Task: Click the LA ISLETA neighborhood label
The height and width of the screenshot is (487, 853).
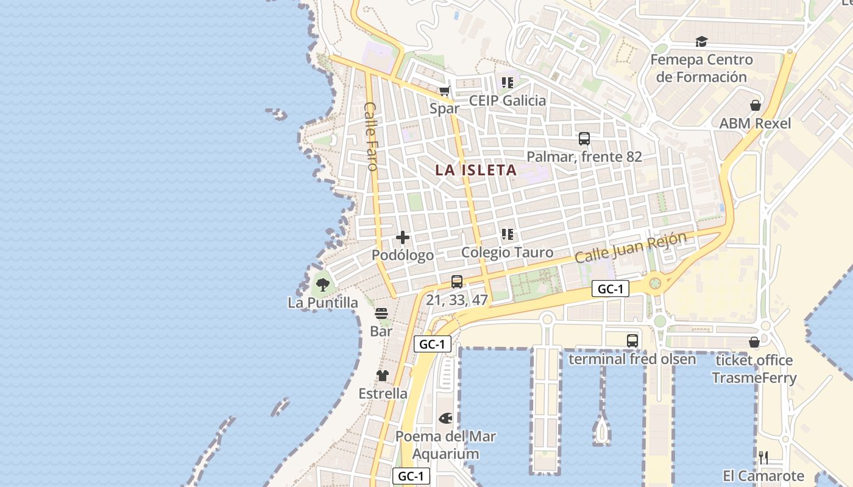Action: point(476,170)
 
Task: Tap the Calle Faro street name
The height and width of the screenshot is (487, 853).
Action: point(371,136)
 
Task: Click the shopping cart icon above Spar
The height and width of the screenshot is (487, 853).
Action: point(445,91)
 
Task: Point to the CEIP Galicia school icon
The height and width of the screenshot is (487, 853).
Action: point(508,83)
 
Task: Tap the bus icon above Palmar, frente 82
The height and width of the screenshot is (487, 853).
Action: point(584,139)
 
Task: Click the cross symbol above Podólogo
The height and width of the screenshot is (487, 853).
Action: point(403,237)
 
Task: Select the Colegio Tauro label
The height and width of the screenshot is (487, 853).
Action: point(507,253)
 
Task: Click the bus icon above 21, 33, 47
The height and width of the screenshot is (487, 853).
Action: point(457,282)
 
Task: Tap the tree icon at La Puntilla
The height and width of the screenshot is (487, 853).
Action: point(323,284)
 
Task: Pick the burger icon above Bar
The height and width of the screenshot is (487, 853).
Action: point(381,314)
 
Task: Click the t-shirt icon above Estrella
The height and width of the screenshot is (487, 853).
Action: point(383,376)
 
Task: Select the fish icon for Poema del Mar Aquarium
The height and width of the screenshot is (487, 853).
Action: point(446,419)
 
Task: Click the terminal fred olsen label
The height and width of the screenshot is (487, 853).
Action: point(632,359)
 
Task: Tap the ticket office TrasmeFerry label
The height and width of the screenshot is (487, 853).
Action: point(754,369)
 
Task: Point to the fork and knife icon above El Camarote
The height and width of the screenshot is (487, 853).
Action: point(763,458)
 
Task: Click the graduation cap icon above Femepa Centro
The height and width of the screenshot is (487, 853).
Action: point(702,42)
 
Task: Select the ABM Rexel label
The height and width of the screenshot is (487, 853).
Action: point(755,124)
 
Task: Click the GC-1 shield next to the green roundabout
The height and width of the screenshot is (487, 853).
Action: point(610,289)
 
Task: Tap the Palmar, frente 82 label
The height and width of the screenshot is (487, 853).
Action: point(584,157)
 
